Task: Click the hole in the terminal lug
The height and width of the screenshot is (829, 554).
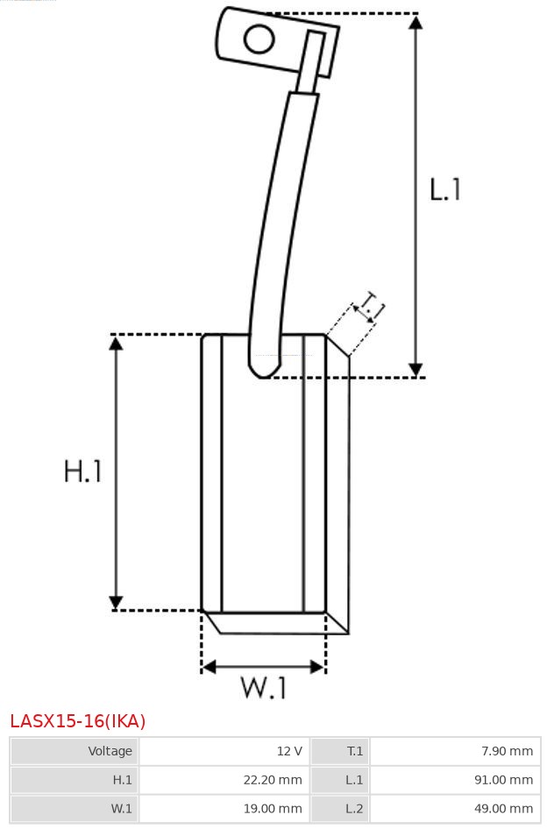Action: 259,39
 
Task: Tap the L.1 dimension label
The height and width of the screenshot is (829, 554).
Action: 445,189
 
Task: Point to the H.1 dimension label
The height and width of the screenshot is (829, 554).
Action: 83,471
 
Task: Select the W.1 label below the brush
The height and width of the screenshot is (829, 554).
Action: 264,689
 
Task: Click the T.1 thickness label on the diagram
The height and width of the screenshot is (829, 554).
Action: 372,308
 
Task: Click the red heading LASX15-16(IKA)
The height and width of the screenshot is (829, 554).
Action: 78,721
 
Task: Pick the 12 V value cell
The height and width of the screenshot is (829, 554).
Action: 224,751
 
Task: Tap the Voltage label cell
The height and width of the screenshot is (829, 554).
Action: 75,751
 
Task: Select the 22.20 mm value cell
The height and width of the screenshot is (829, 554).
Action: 224,779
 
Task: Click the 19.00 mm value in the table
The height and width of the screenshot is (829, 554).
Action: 224,808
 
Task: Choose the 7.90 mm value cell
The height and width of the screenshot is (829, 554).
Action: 456,751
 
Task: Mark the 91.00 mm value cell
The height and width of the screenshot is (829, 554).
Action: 456,779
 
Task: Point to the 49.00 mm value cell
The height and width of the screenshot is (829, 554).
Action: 456,808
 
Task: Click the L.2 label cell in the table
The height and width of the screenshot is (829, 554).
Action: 340,808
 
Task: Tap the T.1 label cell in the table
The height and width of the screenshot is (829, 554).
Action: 340,751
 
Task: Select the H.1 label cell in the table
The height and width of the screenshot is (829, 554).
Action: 75,779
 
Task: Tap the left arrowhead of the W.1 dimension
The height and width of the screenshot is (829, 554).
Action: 209,667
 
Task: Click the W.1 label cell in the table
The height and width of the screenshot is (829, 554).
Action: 75,808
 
